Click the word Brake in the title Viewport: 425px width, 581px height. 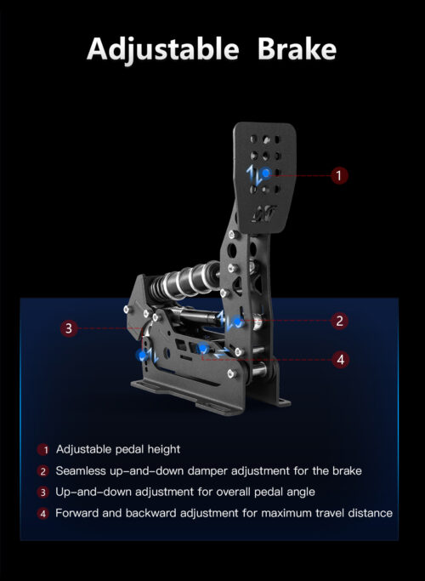point(297,49)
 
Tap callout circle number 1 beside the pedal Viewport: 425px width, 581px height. point(339,175)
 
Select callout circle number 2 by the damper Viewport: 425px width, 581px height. point(339,321)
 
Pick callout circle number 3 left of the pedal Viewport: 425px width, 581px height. point(69,328)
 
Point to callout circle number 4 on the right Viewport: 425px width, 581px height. point(340,360)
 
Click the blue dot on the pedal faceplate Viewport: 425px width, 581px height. point(265,173)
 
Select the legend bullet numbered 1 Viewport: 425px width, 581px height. point(43,450)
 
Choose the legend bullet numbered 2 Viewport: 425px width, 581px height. point(43,471)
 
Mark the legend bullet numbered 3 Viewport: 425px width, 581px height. point(43,493)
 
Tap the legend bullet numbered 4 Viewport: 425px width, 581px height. point(43,514)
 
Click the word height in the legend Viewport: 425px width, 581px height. point(164,449)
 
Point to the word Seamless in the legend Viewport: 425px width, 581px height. point(81,471)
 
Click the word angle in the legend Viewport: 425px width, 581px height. point(301,493)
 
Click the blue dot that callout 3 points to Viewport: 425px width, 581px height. point(142,356)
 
